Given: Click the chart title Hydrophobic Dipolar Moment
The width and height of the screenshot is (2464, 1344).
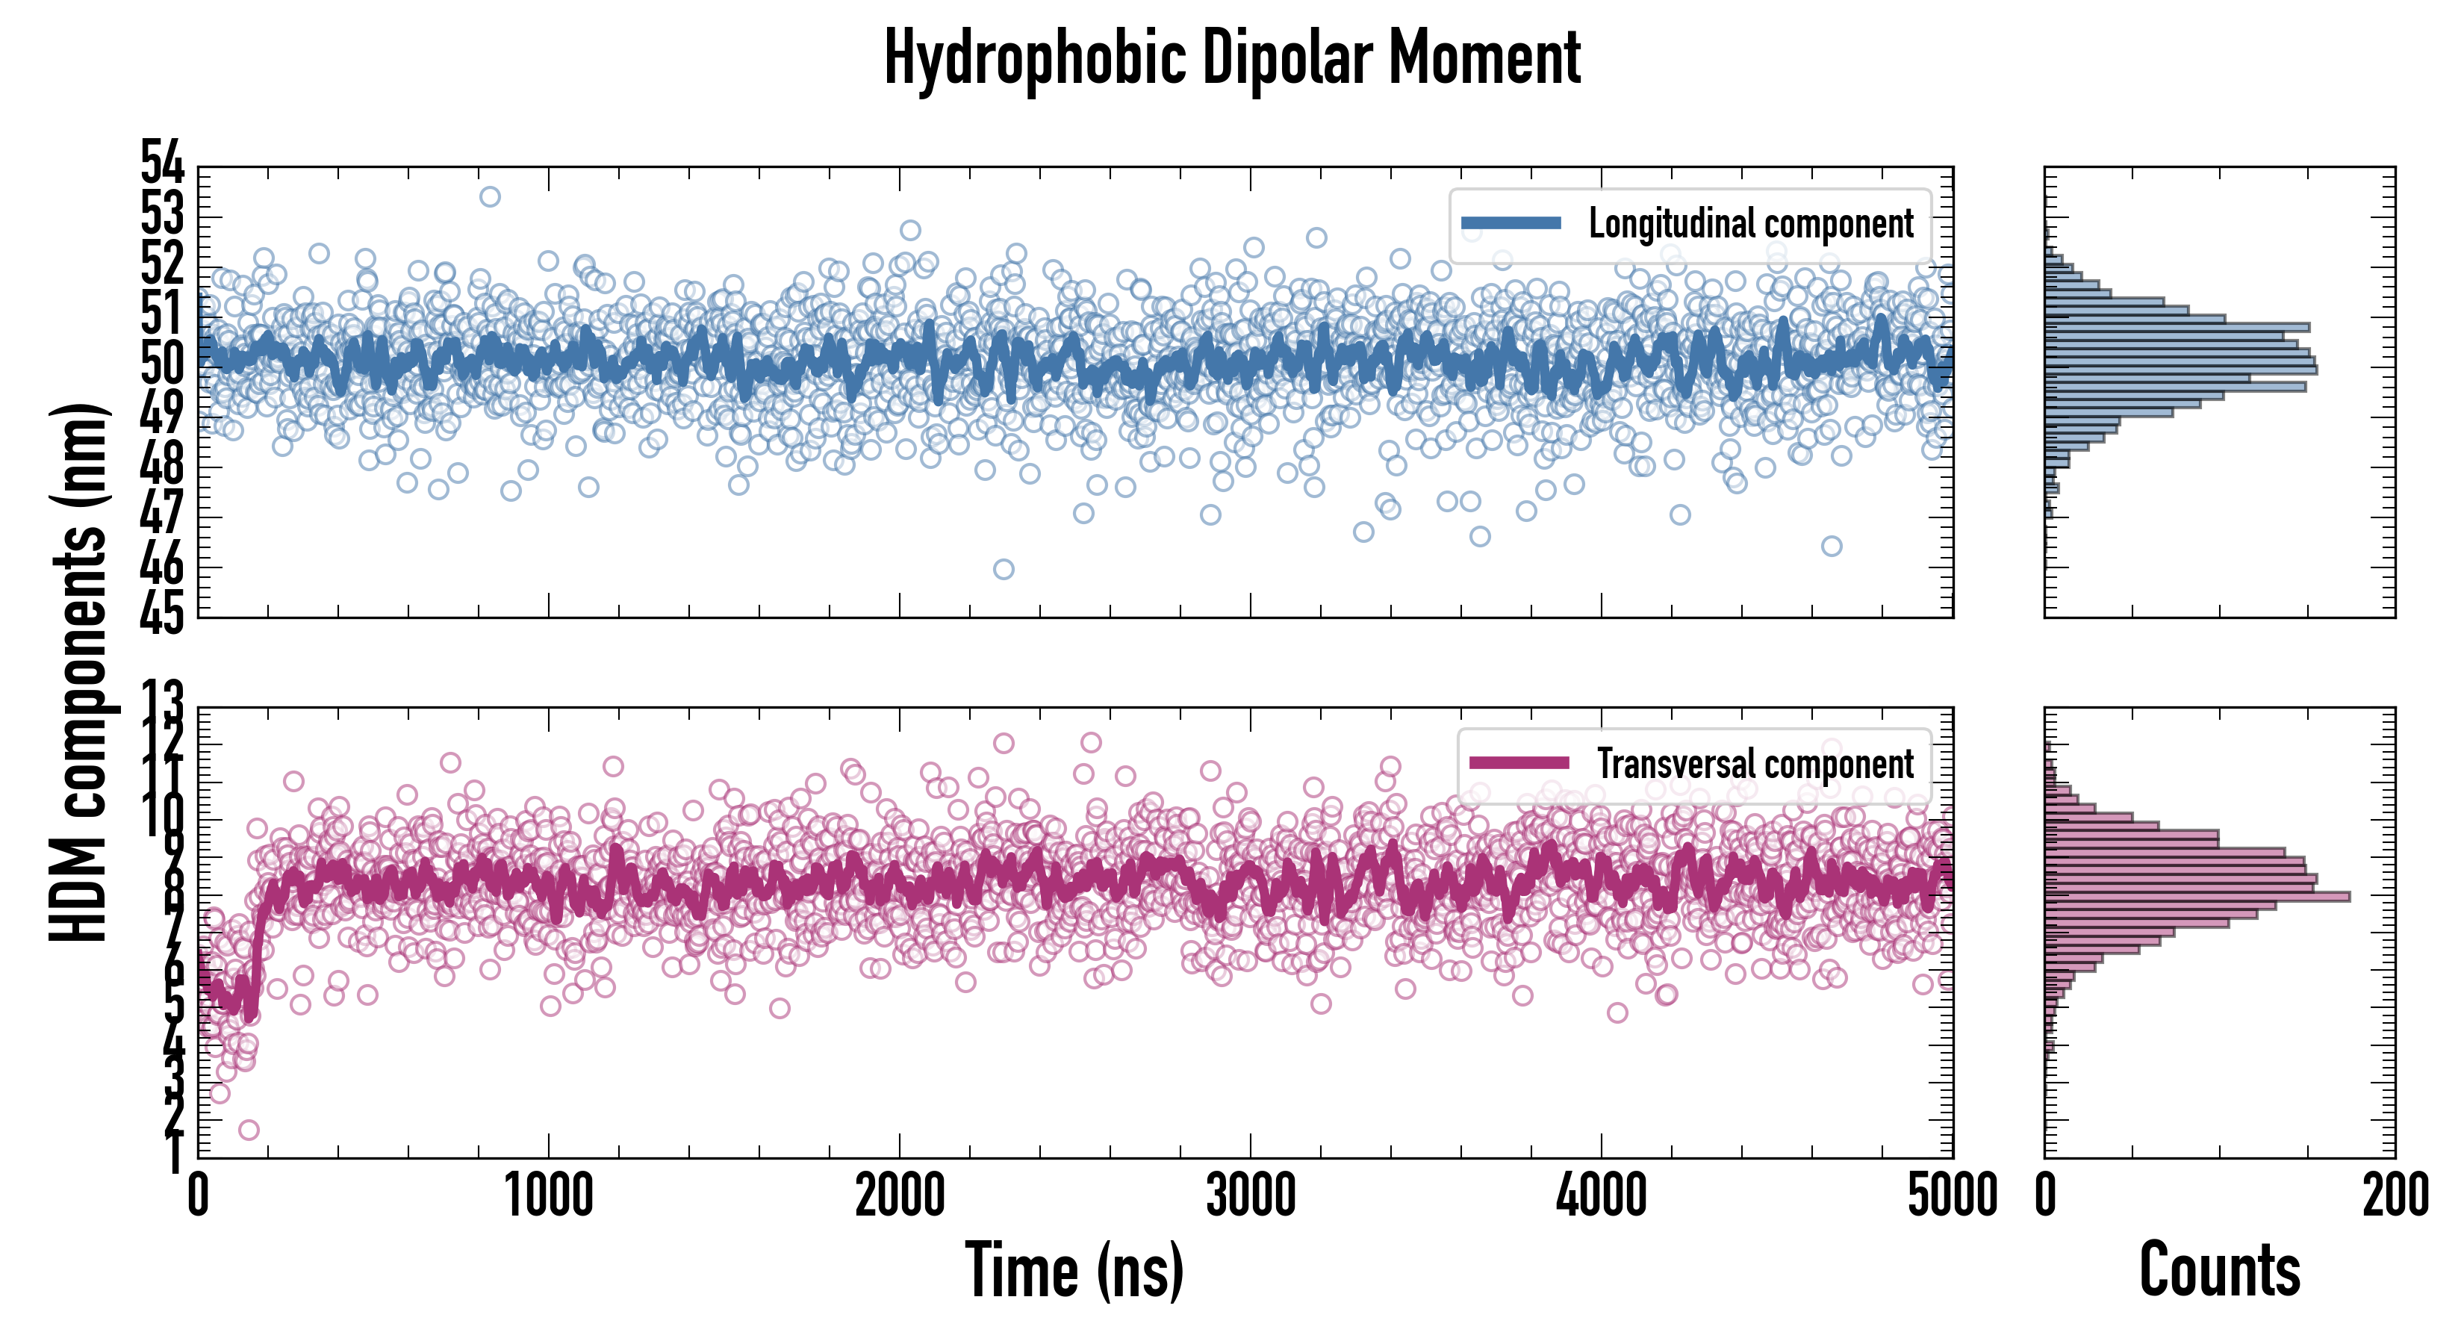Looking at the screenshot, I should click(x=1232, y=58).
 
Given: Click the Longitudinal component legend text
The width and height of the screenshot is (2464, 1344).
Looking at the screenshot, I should click(x=1750, y=224).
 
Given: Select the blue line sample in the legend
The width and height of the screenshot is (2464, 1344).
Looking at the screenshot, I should click(x=1511, y=224).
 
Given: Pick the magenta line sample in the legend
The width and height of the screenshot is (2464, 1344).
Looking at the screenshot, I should click(x=1519, y=763).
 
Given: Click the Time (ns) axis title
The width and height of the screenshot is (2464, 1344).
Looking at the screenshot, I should click(x=1074, y=1270).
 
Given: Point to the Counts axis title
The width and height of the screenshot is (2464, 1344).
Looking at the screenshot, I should click(x=2219, y=1270).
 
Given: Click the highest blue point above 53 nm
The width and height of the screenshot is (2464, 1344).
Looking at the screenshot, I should click(x=490, y=197).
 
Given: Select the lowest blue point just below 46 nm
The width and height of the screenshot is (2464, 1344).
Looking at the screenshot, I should click(x=1004, y=569).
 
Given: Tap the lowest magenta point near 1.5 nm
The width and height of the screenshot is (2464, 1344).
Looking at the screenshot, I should click(x=249, y=1130).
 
